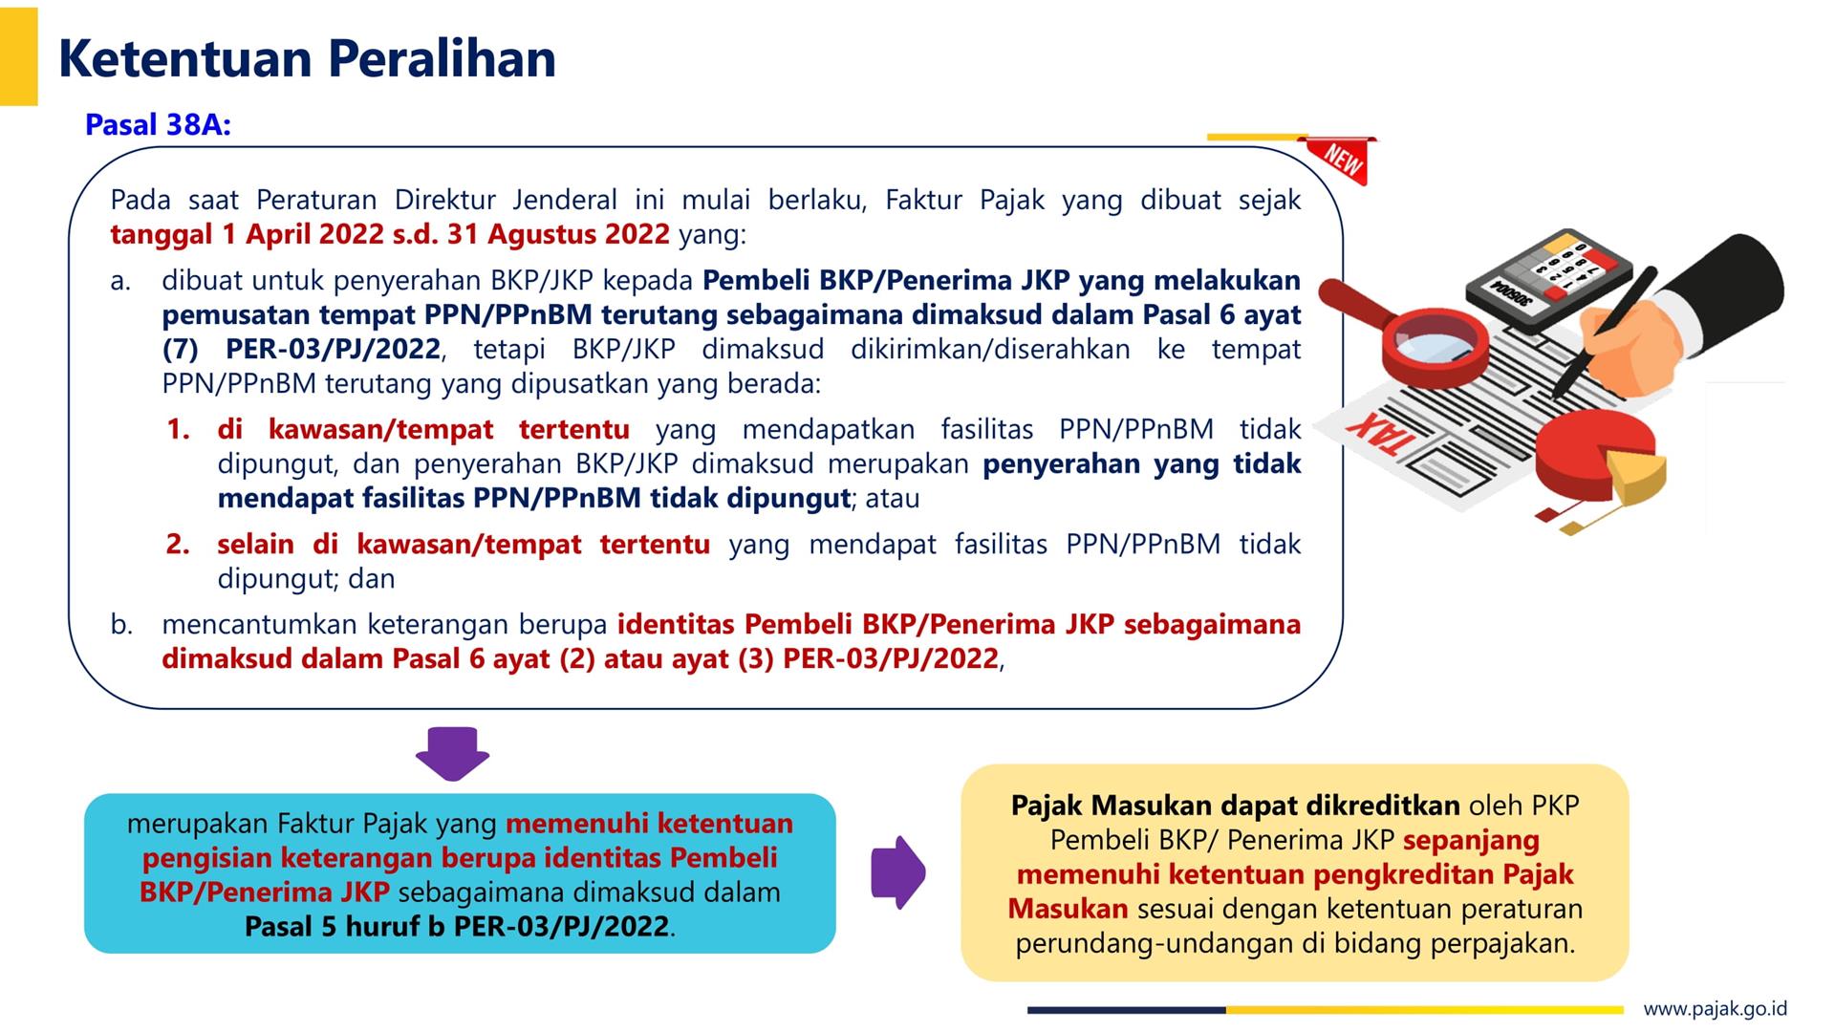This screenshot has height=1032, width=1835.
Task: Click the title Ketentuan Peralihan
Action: point(307,58)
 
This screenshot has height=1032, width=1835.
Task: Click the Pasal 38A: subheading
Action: point(159,125)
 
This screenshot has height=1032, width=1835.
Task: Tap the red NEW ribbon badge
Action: point(1342,161)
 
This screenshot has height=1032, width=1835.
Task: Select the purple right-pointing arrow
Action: point(898,871)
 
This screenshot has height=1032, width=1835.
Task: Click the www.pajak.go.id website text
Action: point(1715,1008)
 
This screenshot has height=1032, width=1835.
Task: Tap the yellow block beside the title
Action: point(18,56)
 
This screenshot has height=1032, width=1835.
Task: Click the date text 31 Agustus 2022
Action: point(558,235)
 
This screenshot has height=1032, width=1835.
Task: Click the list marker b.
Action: point(120,625)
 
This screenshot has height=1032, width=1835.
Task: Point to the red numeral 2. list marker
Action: point(178,544)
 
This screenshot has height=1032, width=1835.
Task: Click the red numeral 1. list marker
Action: point(178,429)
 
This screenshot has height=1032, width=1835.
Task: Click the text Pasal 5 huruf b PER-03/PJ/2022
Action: point(457,927)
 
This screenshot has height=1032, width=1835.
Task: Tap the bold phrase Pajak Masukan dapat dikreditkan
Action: point(1235,806)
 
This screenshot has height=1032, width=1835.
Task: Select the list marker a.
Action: point(120,281)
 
